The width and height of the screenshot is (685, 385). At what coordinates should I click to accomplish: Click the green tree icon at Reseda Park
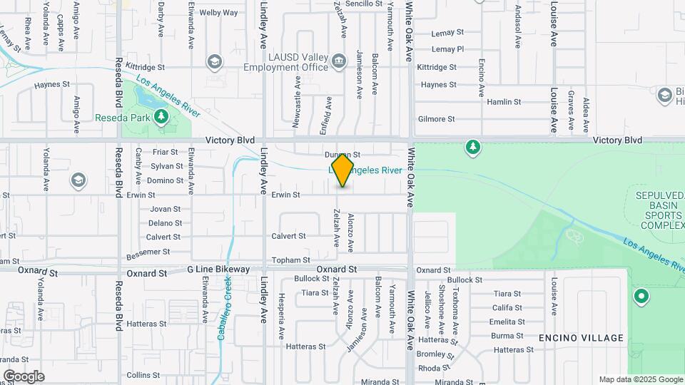point(162,116)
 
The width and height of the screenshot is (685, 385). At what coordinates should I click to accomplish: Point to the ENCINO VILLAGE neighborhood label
point(581,338)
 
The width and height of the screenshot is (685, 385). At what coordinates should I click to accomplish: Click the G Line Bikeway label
point(218,269)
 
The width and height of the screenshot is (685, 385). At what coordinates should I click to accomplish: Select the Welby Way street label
point(218,13)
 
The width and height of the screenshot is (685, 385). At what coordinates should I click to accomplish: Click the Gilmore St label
point(437,119)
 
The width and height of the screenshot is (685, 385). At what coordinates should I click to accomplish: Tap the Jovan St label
point(166,209)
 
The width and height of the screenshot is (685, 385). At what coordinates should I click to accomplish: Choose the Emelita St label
point(507,322)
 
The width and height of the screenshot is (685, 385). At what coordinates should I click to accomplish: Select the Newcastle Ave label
point(297,102)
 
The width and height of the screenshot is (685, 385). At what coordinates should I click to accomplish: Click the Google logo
point(23,376)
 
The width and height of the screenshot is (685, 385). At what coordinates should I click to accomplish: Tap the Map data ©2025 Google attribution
point(640,379)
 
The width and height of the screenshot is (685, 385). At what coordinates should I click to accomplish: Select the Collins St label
point(143,375)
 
